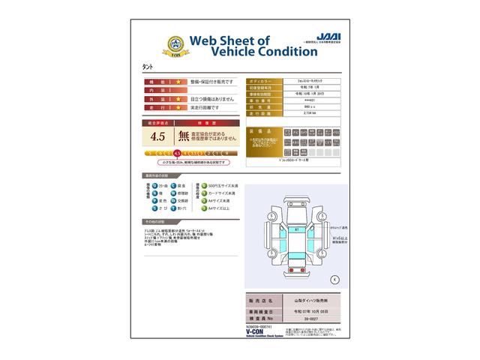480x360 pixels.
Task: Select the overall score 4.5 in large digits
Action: pyautogui.click(x=157, y=136)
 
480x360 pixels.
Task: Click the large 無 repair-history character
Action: pyautogui.click(x=184, y=136)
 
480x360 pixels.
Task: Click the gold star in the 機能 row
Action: pyautogui.click(x=179, y=80)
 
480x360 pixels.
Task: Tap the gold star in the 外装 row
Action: pyautogui.click(x=179, y=98)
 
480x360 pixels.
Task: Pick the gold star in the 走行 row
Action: pyautogui.click(x=179, y=107)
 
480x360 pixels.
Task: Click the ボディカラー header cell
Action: pyautogui.click(x=264, y=79)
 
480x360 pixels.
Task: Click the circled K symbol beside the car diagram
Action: pyautogui.click(x=334, y=278)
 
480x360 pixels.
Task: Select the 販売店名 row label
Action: pyautogui.click(x=264, y=298)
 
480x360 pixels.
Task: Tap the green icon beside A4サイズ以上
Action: pyautogui.click(x=201, y=209)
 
